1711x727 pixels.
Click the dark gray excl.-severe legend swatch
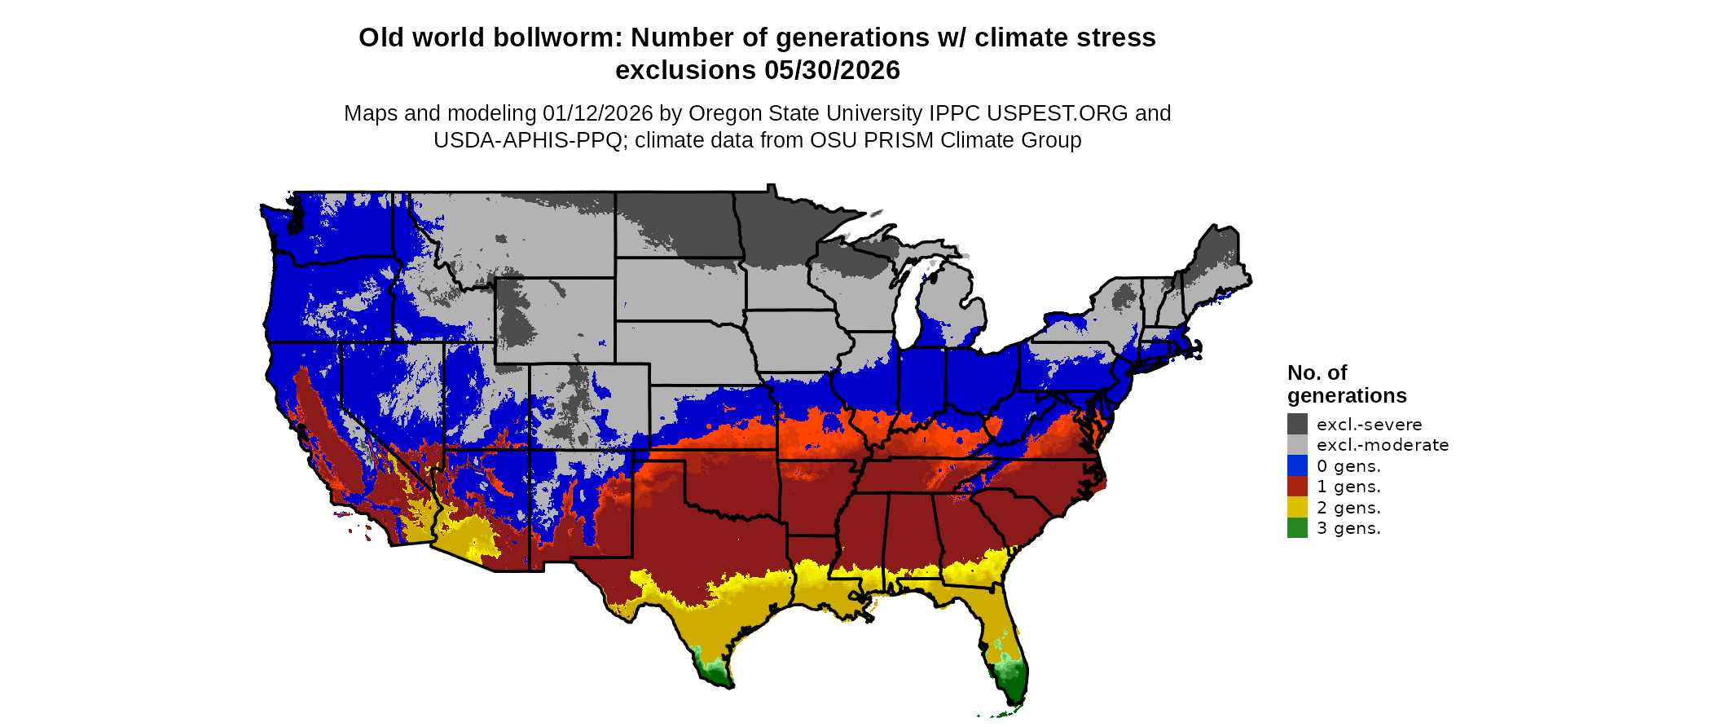click(x=1297, y=424)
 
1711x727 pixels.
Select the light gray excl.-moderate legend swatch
click(x=1297, y=445)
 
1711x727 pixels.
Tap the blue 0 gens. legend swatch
click(x=1297, y=465)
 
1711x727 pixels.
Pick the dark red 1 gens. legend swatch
click(x=1297, y=487)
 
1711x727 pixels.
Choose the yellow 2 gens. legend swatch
click(x=1297, y=507)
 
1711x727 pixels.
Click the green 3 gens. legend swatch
click(x=1297, y=528)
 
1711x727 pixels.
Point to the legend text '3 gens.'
click(x=1348, y=528)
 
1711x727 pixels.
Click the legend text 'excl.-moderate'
click(x=1383, y=445)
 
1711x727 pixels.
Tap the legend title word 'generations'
click(x=1347, y=395)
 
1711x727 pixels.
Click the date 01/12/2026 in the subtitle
click(x=598, y=113)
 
